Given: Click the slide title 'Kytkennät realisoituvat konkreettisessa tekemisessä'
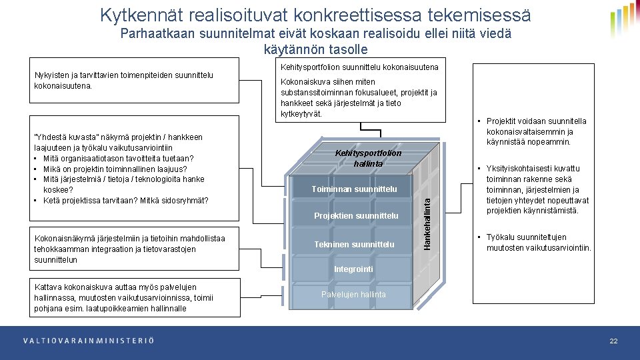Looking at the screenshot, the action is coord(315,14).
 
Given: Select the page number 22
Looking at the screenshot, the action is coord(613,341).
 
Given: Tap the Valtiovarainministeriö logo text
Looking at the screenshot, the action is coord(88,341).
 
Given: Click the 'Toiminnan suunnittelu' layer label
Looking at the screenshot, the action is coord(354,189).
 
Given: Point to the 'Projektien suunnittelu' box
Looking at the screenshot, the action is coord(356,215).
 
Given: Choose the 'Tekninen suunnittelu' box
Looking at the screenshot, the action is coord(354,244).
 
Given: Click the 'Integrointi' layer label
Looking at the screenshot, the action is coord(353,269).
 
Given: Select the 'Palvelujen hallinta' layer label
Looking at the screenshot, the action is coord(353,294).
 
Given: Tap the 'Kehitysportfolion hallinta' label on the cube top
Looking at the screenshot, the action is coord(368,158).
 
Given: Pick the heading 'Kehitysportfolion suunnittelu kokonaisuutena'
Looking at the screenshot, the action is coord(359,67).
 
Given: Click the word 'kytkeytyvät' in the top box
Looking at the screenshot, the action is coord(301,114).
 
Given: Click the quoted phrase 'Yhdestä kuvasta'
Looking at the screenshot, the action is coord(63,137).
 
